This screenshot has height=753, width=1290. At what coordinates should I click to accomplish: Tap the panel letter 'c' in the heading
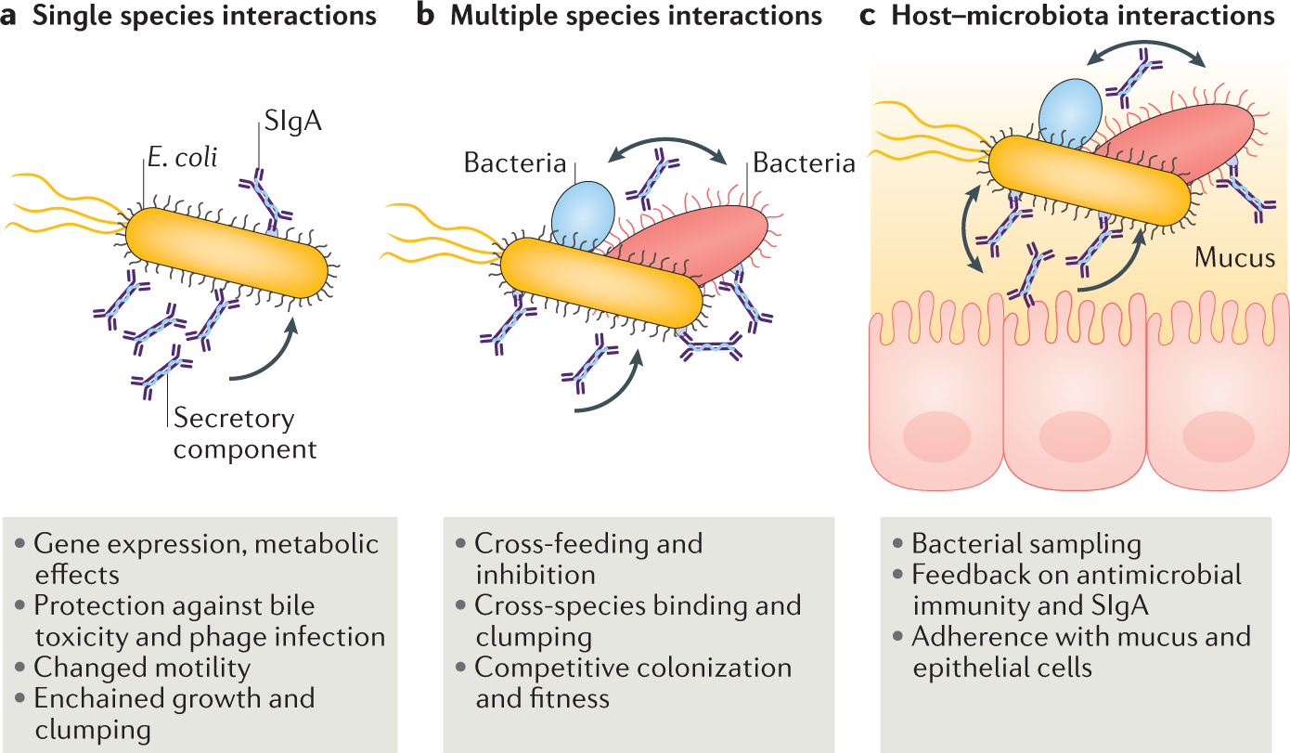click(x=869, y=18)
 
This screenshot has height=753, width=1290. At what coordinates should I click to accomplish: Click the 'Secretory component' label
click(x=245, y=434)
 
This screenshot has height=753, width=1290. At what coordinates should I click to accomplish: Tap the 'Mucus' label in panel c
click(x=1235, y=257)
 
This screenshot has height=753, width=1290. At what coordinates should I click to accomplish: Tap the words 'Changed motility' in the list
click(x=142, y=668)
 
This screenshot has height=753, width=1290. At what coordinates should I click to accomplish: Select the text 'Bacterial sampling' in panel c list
click(x=1026, y=544)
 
